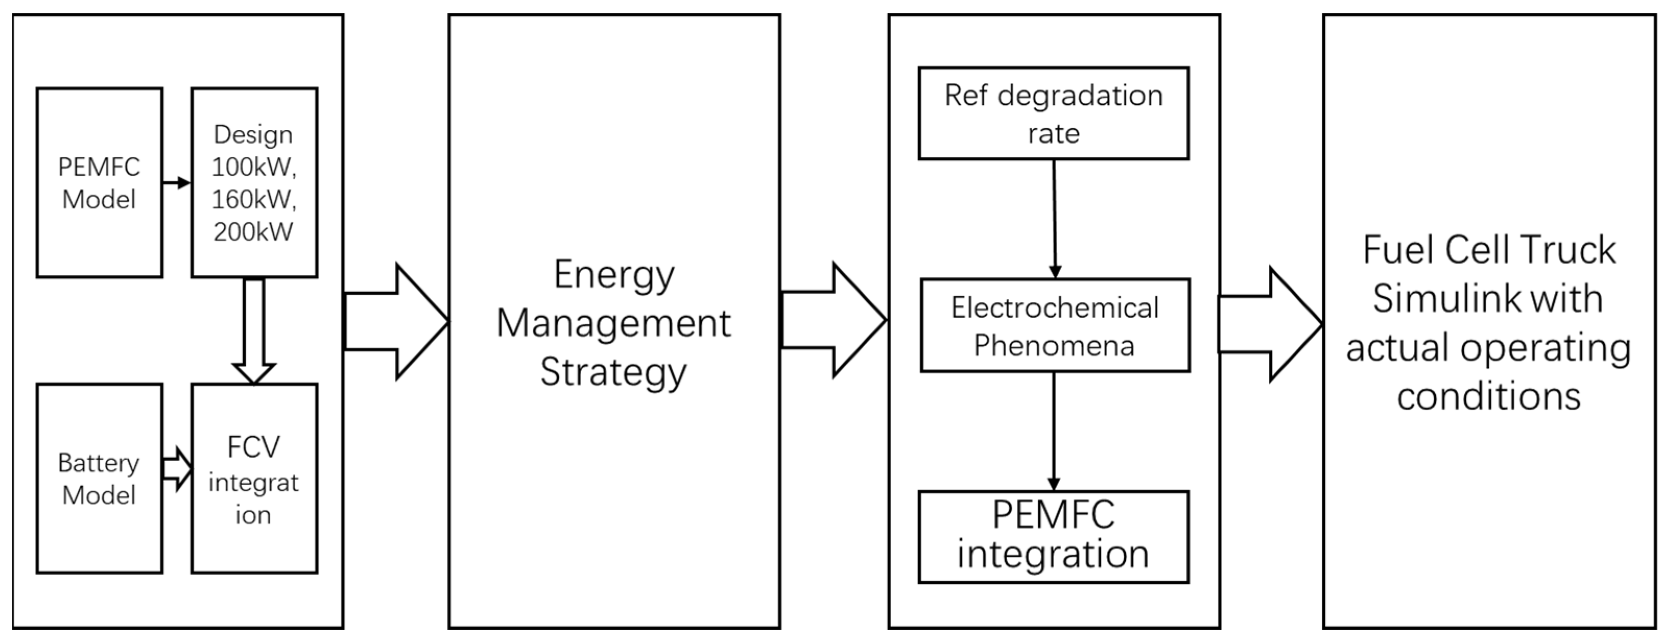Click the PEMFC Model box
click(x=99, y=183)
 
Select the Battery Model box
click(x=99, y=478)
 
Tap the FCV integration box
click(x=254, y=478)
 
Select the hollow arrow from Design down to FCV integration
click(x=254, y=330)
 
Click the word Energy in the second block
click(x=614, y=274)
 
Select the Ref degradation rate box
click(x=1053, y=113)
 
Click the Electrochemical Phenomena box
click(x=1055, y=325)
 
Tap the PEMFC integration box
click(x=1053, y=537)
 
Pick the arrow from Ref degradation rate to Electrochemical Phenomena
click(x=1054, y=219)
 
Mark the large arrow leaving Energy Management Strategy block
click(x=833, y=320)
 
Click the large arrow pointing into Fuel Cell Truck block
click(x=1270, y=324)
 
